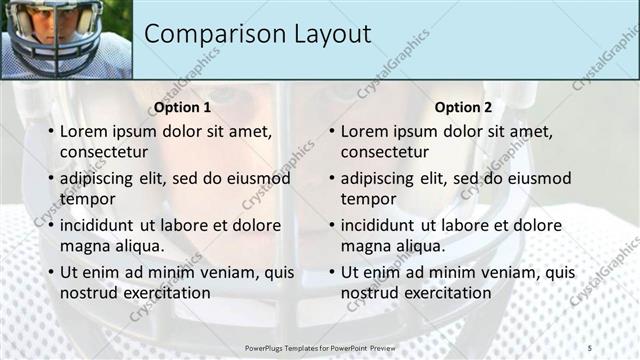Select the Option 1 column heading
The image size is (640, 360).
coord(181,107)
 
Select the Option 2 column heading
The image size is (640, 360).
coord(462,107)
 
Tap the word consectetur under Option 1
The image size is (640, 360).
coord(104,152)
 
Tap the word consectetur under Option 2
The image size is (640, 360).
coord(385,152)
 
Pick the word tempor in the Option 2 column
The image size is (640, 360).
coord(369,198)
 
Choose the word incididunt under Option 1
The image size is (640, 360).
coord(101,225)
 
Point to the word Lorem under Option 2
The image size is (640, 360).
coord(364,131)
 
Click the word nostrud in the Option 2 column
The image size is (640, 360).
coord(372,293)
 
